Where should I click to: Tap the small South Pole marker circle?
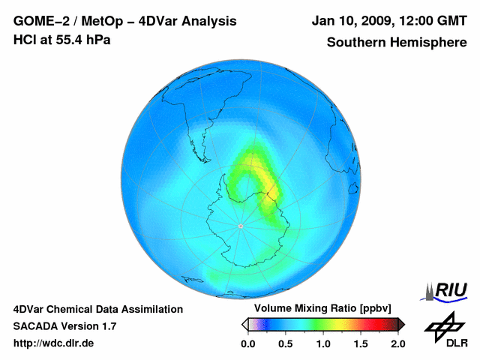point(240,225)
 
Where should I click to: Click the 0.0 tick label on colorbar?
point(247,343)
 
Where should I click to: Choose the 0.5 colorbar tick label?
point(285,343)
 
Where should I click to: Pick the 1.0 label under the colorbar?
point(322,343)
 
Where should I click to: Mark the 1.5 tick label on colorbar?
point(360,343)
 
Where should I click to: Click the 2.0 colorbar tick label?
point(397,343)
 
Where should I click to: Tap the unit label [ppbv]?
point(372,309)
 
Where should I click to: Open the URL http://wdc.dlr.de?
point(54,343)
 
